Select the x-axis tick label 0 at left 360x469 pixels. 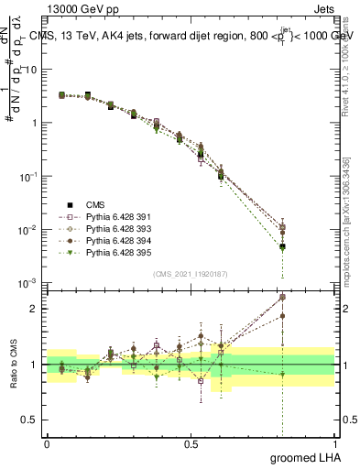click(x=46, y=444)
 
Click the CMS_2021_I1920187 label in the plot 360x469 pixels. click(x=190, y=274)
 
